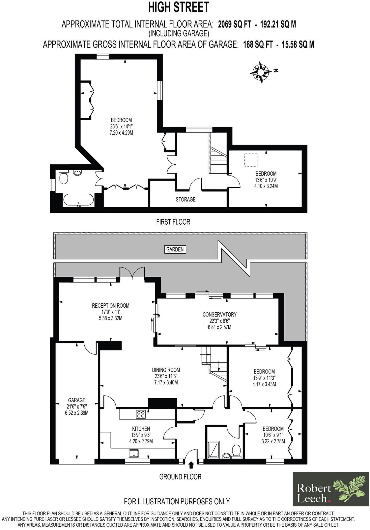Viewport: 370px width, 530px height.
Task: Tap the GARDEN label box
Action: (x=175, y=249)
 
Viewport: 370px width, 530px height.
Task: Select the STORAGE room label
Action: (x=185, y=200)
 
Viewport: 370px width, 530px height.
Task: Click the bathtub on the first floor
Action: (x=78, y=200)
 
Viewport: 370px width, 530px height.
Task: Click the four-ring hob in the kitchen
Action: (x=141, y=414)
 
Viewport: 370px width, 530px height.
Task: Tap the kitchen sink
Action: (x=134, y=453)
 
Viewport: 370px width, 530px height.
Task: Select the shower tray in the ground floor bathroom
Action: (x=213, y=450)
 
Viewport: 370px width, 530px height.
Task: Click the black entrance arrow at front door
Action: (x=191, y=465)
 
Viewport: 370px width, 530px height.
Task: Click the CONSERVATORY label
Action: (x=219, y=314)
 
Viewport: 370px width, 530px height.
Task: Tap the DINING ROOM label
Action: (x=166, y=370)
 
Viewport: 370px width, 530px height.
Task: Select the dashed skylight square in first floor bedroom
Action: (x=251, y=160)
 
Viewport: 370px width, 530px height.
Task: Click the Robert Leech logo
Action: (x=331, y=489)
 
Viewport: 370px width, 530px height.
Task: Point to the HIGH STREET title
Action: (x=179, y=7)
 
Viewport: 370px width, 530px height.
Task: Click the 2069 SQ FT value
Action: (x=235, y=24)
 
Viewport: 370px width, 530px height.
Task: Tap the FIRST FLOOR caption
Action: (x=173, y=222)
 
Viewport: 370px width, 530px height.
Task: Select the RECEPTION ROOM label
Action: (x=111, y=306)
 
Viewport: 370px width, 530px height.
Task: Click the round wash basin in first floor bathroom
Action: (x=77, y=172)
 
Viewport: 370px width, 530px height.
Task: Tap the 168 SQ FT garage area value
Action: (x=258, y=45)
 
